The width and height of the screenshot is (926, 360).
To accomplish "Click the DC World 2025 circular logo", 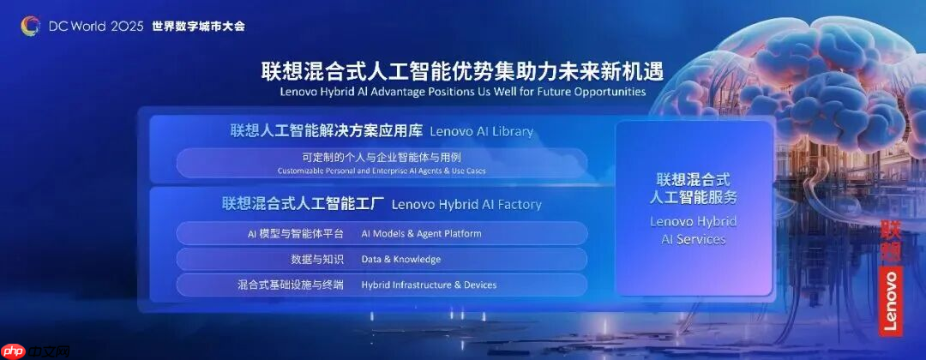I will click(x=30, y=26).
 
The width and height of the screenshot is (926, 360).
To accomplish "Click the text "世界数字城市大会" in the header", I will click(x=198, y=26).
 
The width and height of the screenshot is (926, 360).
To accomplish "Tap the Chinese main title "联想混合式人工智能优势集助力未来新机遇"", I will click(x=462, y=70).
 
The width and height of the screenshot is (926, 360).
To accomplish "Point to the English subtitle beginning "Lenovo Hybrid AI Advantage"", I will click(x=462, y=91).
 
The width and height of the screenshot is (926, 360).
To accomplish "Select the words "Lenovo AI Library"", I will click(x=481, y=131).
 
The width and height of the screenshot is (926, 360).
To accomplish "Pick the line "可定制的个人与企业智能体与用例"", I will click(x=382, y=158).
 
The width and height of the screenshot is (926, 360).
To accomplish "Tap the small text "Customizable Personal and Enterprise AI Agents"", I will click(x=382, y=171).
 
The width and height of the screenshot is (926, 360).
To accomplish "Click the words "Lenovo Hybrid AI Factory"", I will click(x=466, y=204).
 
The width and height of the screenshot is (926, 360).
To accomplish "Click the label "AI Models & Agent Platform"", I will click(x=421, y=233).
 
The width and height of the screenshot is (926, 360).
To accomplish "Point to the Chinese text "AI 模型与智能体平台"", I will click(x=291, y=233).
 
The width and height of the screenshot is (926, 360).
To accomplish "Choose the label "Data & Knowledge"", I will click(x=401, y=259).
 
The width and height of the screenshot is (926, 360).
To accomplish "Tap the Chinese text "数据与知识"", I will click(x=317, y=259).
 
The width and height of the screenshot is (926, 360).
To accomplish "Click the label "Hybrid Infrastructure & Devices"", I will click(x=429, y=285).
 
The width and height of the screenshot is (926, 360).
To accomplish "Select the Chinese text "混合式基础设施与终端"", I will click(x=291, y=285).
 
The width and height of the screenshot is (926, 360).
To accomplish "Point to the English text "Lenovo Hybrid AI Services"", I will click(x=694, y=230).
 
